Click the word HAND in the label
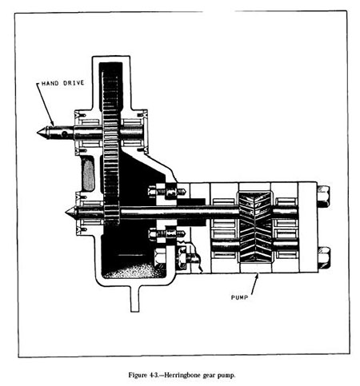click(x=50, y=83)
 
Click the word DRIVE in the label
click(x=74, y=83)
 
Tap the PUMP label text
click(x=239, y=297)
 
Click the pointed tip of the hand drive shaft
click(x=38, y=133)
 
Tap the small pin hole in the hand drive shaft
click(x=64, y=133)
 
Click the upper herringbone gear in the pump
click(x=255, y=210)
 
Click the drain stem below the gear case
click(x=134, y=299)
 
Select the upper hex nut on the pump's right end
click(x=323, y=197)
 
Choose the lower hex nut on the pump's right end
click(x=323, y=257)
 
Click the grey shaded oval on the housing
click(x=88, y=174)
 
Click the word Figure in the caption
click(x=138, y=376)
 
